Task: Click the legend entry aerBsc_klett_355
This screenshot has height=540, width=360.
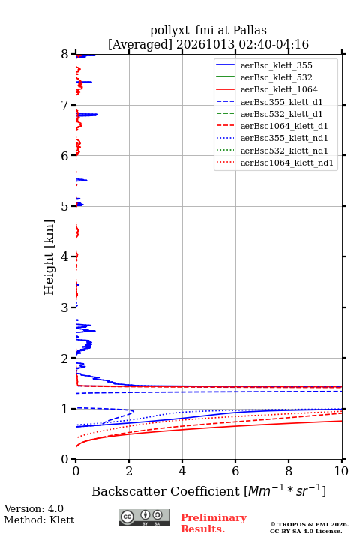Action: click(276, 65)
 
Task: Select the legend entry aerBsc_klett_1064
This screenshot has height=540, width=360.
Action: click(279, 89)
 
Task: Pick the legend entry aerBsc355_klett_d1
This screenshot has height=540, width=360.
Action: click(281, 102)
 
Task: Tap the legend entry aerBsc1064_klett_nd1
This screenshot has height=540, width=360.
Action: click(287, 163)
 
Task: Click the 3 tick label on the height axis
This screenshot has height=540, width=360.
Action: click(65, 307)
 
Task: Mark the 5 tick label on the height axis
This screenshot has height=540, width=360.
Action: click(65, 206)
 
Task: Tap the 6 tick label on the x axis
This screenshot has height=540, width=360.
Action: click(235, 471)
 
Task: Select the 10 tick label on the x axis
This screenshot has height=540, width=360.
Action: click(341, 471)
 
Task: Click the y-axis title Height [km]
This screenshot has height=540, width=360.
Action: click(49, 257)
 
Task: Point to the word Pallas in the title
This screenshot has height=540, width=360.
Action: click(250, 30)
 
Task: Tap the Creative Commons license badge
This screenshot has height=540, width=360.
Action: click(144, 517)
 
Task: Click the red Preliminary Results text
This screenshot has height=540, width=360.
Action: click(214, 523)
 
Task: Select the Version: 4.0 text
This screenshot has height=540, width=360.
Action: click(34, 508)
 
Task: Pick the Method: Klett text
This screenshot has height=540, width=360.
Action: click(39, 520)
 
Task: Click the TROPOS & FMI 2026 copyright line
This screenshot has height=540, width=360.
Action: click(309, 524)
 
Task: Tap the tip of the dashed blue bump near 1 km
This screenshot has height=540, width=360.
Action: click(133, 411)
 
